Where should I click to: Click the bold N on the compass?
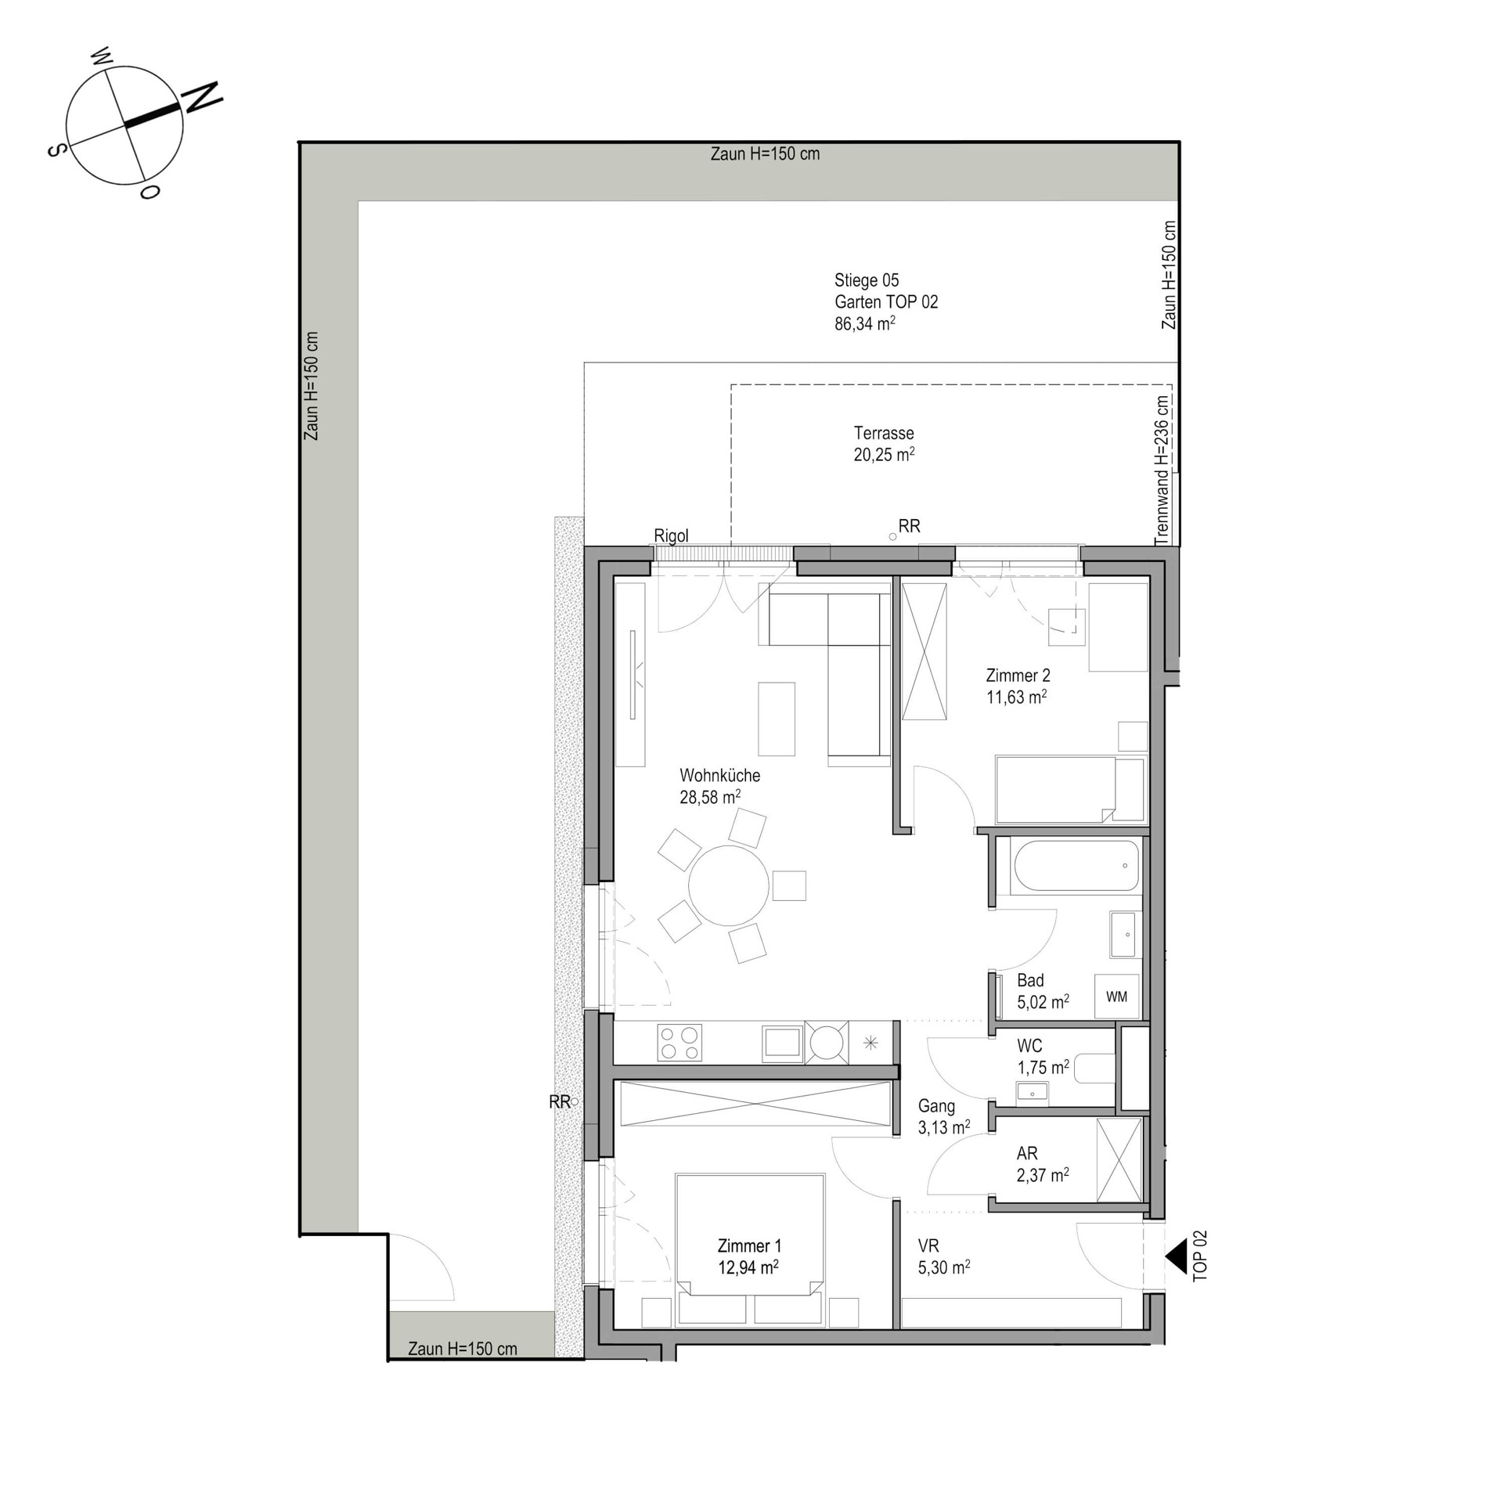click(x=202, y=97)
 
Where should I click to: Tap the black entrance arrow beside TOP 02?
click(x=1177, y=1256)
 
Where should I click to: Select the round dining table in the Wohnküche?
click(x=728, y=887)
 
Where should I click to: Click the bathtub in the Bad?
click(x=1076, y=865)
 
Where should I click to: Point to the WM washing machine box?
click(x=1117, y=997)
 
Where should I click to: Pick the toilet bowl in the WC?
click(x=1094, y=1068)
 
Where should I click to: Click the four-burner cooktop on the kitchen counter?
click(x=679, y=1043)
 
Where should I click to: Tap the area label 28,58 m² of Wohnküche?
click(x=710, y=798)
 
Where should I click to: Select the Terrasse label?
click(x=884, y=433)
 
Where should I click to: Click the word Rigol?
click(x=672, y=536)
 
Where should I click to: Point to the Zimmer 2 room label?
click(x=1018, y=676)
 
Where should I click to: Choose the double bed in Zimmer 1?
click(x=750, y=1249)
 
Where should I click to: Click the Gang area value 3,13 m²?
click(x=944, y=1128)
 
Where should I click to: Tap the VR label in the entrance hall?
click(x=928, y=1245)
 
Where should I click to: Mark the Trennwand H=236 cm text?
click(x=1162, y=470)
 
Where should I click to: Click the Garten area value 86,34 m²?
click(x=865, y=323)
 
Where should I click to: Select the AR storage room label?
click(x=1027, y=1153)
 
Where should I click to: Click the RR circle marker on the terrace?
click(x=892, y=536)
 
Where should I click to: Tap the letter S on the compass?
click(x=56, y=150)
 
